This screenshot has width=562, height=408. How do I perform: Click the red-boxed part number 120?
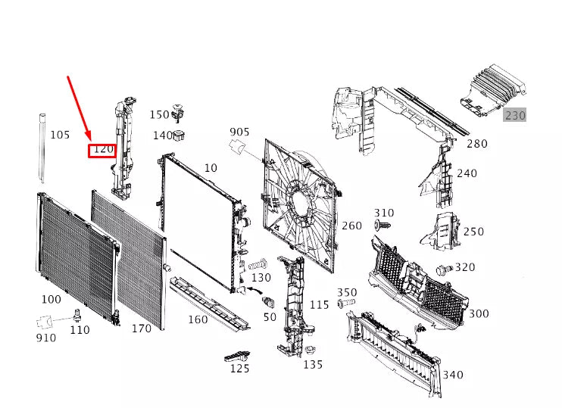(x=102, y=150)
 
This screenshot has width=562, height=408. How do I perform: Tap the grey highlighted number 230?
(x=515, y=116)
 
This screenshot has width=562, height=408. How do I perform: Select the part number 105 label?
(x=60, y=135)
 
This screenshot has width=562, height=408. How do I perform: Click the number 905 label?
(x=239, y=132)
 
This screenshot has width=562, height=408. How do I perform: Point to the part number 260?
(x=351, y=226)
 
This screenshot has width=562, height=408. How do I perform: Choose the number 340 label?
(x=454, y=375)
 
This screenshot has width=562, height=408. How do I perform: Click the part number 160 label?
(x=197, y=319)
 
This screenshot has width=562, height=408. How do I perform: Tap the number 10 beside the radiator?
(x=210, y=167)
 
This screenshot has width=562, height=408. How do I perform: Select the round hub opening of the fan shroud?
(x=301, y=201)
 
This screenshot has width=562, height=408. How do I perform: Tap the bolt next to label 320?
(x=444, y=269)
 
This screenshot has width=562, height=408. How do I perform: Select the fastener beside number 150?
(x=179, y=111)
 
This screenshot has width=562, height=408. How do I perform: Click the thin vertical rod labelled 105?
(x=41, y=151)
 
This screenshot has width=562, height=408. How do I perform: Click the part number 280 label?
(x=477, y=144)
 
